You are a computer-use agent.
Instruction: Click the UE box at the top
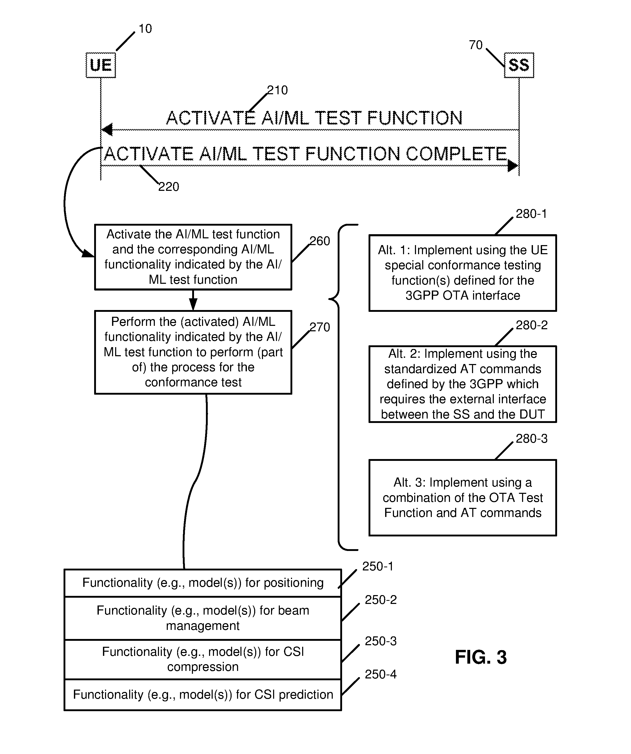(x=101, y=65)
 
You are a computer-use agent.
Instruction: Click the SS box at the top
(x=519, y=65)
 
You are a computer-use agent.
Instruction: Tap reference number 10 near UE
(x=145, y=29)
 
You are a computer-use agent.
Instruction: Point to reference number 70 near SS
(x=476, y=45)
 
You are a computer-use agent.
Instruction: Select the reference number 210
(x=277, y=90)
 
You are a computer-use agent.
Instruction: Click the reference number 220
(x=169, y=187)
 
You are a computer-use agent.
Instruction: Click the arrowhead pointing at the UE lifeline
(x=107, y=130)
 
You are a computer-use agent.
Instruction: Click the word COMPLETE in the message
(x=456, y=154)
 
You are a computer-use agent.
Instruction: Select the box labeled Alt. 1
(x=463, y=273)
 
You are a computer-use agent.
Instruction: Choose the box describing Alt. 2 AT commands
(x=463, y=384)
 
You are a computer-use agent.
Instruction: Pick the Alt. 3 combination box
(x=463, y=498)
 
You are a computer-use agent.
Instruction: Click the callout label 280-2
(x=532, y=325)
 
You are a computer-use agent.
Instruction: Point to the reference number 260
(x=320, y=241)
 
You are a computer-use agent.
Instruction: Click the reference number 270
(x=320, y=327)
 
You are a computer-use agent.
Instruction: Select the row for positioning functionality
(x=203, y=583)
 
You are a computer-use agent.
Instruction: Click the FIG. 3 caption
(x=481, y=657)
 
